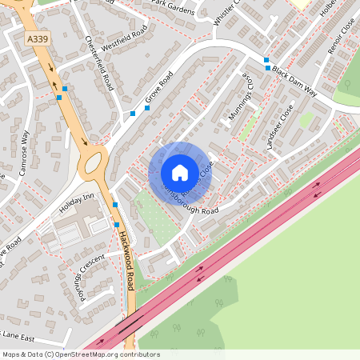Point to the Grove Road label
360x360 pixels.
(x=159, y=91)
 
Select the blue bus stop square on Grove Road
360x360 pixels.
(x=133, y=114)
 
